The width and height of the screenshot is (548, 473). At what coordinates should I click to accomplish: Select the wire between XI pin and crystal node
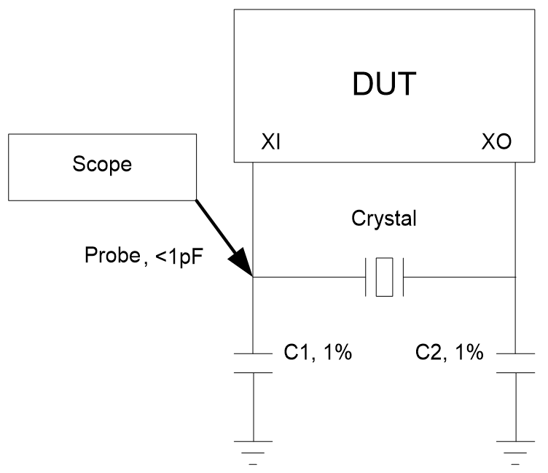pyautogui.click(x=253, y=219)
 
